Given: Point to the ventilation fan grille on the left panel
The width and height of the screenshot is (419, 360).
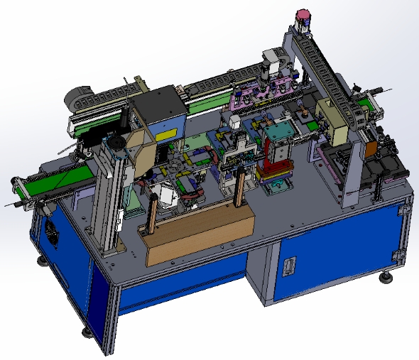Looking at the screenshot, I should click(52, 231).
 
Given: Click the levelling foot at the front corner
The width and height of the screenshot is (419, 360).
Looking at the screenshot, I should click(86, 332).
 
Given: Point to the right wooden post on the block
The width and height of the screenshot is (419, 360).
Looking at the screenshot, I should click(239, 190).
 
